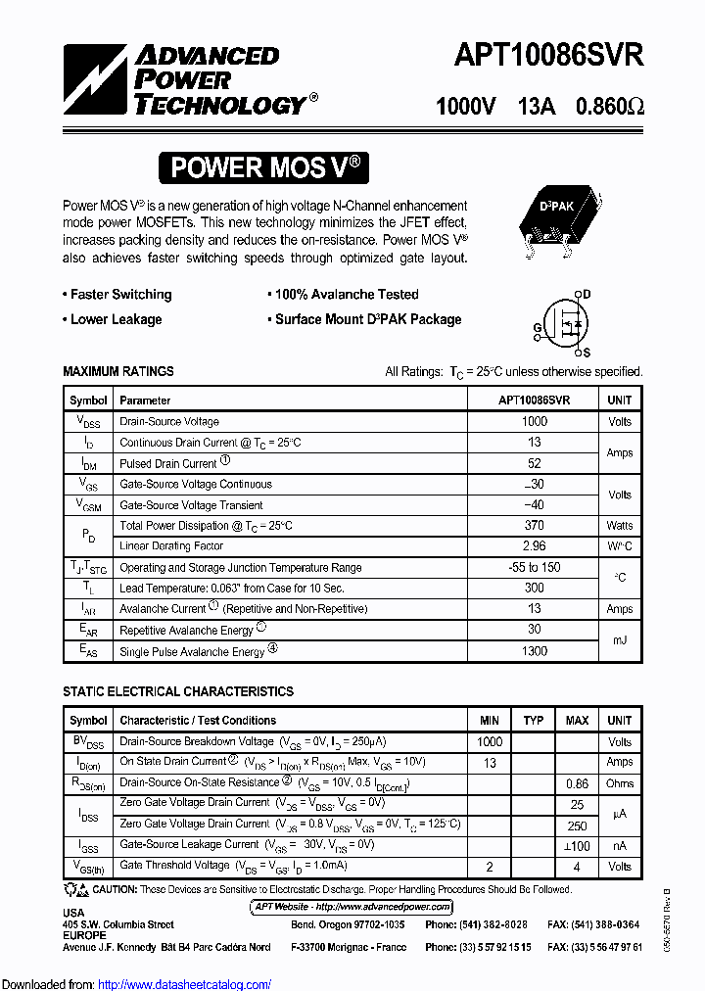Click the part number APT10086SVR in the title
point(548,55)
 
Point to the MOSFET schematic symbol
point(566,324)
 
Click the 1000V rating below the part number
point(465,106)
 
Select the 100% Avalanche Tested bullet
point(344,295)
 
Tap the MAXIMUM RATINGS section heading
point(118,372)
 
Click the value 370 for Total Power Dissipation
point(534,526)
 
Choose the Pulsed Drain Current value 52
point(534,463)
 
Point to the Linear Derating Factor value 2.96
point(534,546)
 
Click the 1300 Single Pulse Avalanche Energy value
point(534,651)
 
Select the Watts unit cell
point(619,526)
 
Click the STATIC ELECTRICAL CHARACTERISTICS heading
point(177,692)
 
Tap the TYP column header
point(533,721)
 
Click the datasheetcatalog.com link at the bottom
point(185,984)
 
